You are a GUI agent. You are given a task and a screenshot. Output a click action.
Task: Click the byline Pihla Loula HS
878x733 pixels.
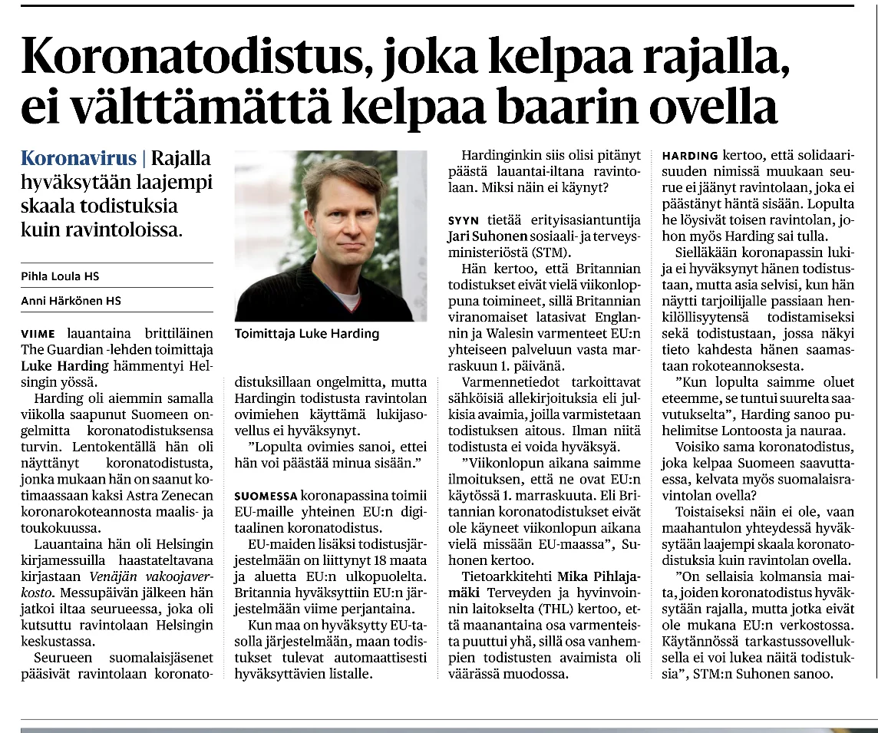(x=60, y=276)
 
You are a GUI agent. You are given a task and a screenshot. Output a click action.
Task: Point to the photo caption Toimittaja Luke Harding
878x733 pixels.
(x=307, y=334)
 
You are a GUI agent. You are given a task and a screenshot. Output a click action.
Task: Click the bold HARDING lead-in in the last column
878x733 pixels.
(x=690, y=156)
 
